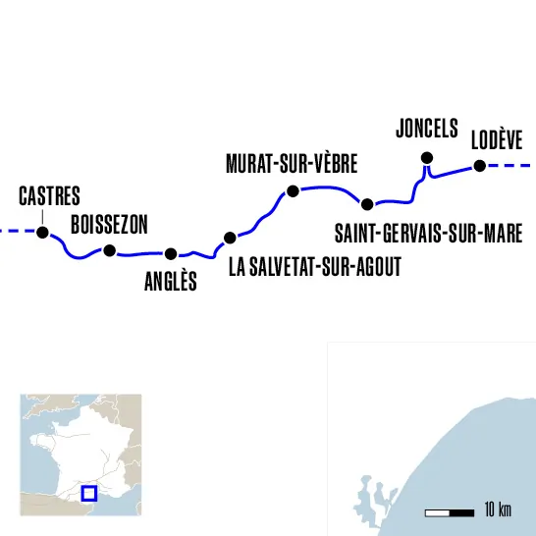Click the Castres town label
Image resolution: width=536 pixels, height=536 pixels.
coord(50,195)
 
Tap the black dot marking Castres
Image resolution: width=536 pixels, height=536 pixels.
coord(42,233)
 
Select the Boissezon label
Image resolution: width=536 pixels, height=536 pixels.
coord(109,226)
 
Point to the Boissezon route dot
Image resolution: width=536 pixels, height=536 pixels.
coord(110,250)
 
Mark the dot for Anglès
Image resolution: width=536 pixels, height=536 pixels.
coord(171,254)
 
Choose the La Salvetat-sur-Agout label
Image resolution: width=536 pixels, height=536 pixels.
coord(314,267)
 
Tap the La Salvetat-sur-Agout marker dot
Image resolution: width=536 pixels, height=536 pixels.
coord(230,238)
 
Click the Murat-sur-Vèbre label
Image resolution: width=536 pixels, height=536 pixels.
coord(292,164)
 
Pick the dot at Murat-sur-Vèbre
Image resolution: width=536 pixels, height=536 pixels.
coord(292,190)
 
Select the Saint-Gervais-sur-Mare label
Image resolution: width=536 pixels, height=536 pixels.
coord(428,235)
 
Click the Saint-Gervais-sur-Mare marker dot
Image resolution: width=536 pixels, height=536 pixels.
coord(367,204)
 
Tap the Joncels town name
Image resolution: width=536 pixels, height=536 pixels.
coord(427,129)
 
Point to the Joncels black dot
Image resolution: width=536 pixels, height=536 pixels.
coord(426,158)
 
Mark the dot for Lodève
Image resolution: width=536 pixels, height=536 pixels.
coord(480,166)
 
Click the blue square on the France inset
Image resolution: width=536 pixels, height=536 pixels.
coord(88,492)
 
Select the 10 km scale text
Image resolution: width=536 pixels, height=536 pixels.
coord(498,510)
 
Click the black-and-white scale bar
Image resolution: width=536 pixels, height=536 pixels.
coord(449,512)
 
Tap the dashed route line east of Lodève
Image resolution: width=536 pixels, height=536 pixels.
coord(510,166)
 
